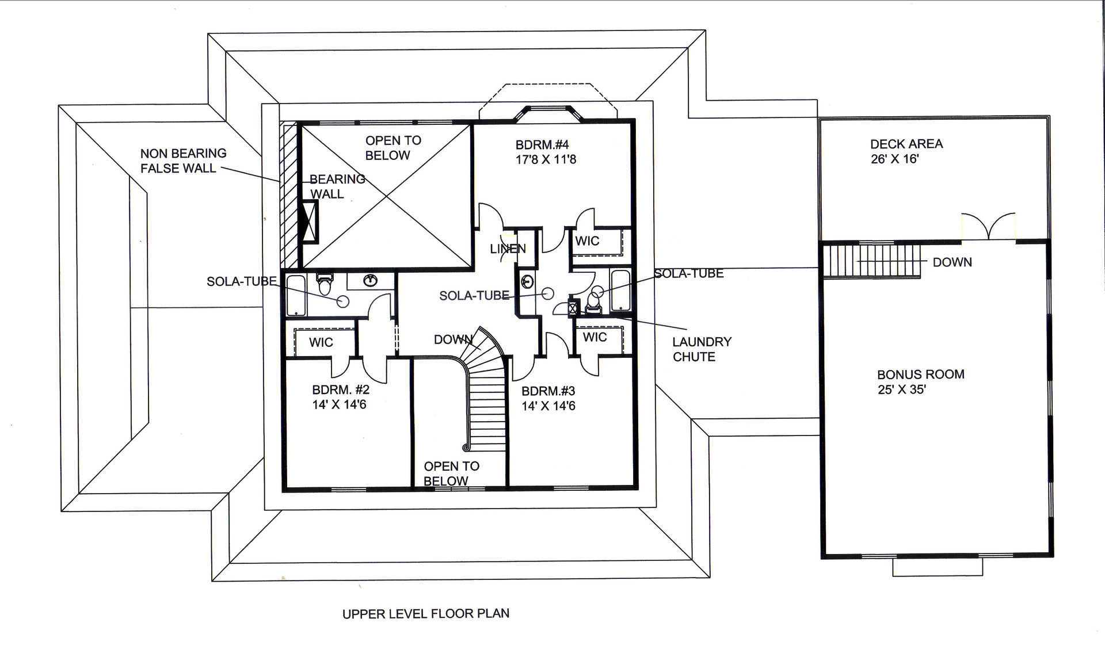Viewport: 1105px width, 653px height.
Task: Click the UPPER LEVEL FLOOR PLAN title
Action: (x=425, y=614)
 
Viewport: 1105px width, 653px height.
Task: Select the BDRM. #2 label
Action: (x=341, y=389)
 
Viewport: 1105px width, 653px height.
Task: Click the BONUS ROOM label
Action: (x=920, y=374)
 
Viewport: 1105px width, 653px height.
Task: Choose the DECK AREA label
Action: (x=906, y=144)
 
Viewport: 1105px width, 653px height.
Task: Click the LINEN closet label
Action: (x=508, y=249)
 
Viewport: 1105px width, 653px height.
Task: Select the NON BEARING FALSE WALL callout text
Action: (x=183, y=161)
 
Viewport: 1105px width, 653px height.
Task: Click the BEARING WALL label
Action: (x=336, y=186)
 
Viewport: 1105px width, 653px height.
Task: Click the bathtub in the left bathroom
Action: (x=296, y=295)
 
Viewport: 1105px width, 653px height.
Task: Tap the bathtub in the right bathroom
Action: (x=620, y=291)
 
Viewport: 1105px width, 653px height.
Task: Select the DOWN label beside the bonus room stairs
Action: (x=952, y=262)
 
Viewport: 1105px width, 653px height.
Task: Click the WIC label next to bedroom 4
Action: (x=587, y=241)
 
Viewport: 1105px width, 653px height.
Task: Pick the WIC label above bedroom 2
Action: (x=321, y=342)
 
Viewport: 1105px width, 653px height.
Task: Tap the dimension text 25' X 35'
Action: (x=901, y=389)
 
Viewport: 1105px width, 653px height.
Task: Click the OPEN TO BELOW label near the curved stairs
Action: (x=451, y=473)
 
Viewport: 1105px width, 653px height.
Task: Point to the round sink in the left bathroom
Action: (x=371, y=281)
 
